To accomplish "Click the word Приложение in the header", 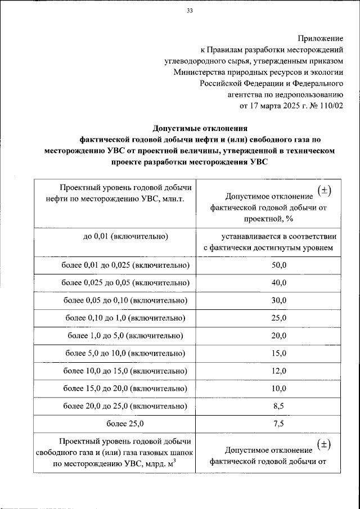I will pos(321,38).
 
